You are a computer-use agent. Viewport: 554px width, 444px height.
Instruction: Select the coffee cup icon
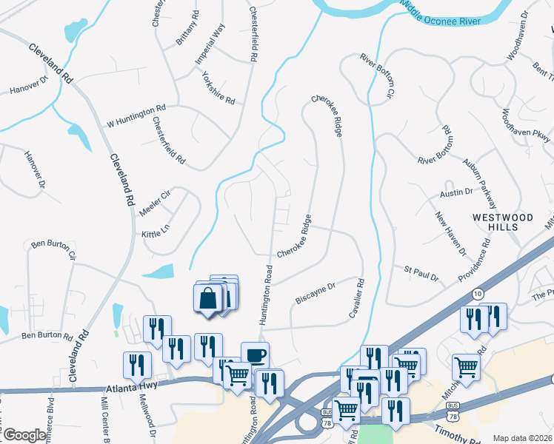255,356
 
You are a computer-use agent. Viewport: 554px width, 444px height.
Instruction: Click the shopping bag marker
210,299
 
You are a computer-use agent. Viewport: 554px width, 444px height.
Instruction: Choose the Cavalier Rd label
356,299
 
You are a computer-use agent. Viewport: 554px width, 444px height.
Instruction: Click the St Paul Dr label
421,273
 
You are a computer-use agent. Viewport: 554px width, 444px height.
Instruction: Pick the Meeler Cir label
154,203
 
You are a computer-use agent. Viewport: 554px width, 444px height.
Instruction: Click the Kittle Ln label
156,235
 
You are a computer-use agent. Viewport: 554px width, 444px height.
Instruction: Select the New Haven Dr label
450,233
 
